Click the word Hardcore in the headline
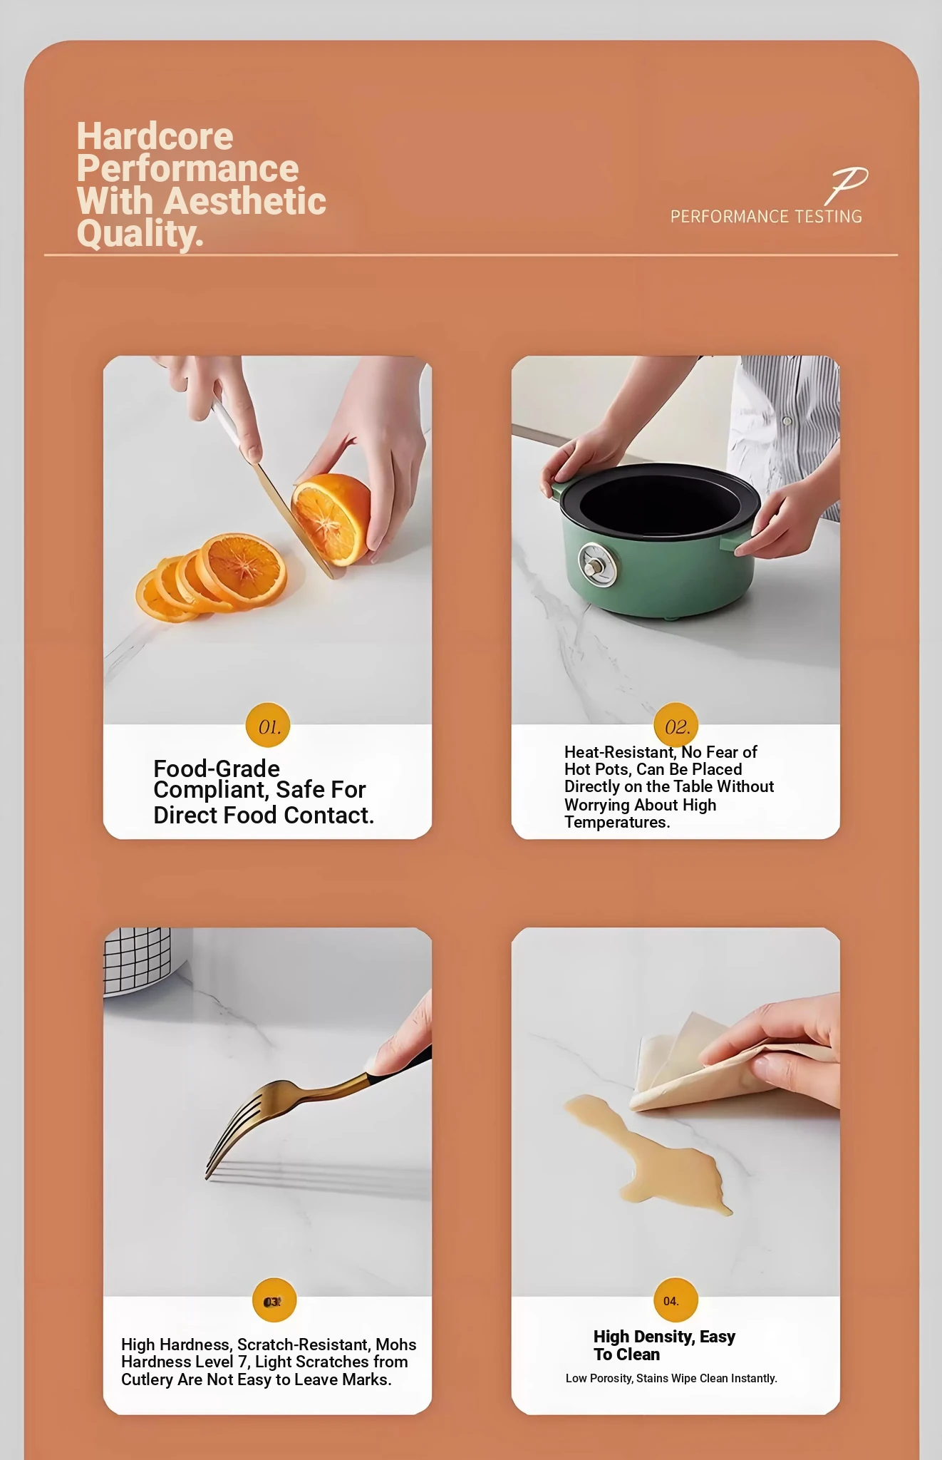[155, 136]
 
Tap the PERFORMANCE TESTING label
[766, 217]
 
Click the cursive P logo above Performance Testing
[847, 185]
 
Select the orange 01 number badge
[269, 726]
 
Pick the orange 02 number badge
[676, 726]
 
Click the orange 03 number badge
[274, 1302]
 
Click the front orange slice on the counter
[243, 570]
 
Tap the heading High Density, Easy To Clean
[664, 1345]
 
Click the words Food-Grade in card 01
[217, 768]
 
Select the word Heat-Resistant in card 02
[619, 752]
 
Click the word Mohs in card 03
[395, 1345]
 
